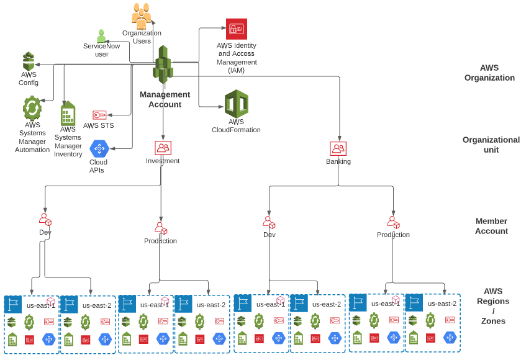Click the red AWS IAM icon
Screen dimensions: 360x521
pyautogui.click(x=236, y=29)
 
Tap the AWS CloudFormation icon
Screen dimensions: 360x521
pyautogui.click(x=236, y=104)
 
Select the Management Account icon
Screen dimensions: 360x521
pyautogui.click(x=163, y=65)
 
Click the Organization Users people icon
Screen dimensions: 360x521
pyautogui.click(x=141, y=16)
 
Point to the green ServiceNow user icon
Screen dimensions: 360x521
pyautogui.click(x=101, y=36)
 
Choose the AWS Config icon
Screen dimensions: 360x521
pyautogui.click(x=29, y=61)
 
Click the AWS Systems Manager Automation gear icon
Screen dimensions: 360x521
pyautogui.click(x=32, y=108)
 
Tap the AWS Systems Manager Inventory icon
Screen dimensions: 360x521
pyautogui.click(x=68, y=114)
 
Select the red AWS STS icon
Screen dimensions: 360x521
pyautogui.click(x=99, y=115)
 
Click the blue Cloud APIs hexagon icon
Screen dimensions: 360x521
pyautogui.click(x=99, y=149)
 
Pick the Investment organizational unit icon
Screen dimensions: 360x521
pyautogui.click(x=163, y=148)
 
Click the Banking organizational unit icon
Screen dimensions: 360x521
pyautogui.click(x=338, y=149)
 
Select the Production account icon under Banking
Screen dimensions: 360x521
pyautogui.click(x=392, y=222)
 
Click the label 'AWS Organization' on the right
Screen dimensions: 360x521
pyautogui.click(x=489, y=73)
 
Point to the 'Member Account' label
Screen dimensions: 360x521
pyautogui.click(x=491, y=226)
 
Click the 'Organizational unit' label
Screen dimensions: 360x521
pyautogui.click(x=491, y=145)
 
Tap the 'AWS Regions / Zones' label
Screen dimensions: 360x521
pyautogui.click(x=493, y=306)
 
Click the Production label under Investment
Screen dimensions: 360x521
pyautogui.click(x=160, y=241)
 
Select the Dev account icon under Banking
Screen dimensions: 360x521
pyautogui.click(x=269, y=222)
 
